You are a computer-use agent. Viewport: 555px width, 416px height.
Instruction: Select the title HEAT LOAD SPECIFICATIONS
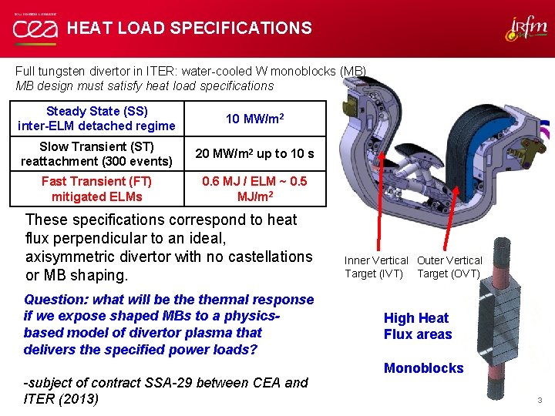(189, 29)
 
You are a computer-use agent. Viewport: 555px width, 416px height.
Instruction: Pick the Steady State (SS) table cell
(97, 119)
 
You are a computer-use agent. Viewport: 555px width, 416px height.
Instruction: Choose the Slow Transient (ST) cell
(97, 153)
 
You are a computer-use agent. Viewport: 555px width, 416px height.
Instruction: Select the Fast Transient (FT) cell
(97, 189)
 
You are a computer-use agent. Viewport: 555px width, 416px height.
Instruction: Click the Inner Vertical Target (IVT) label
(376, 267)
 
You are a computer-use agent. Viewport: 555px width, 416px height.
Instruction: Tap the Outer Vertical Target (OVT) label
(449, 267)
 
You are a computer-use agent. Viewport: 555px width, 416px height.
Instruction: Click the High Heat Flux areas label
(417, 326)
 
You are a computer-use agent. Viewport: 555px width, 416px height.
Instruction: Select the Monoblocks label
(423, 368)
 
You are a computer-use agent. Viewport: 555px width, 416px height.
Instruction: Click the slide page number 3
(540, 400)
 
